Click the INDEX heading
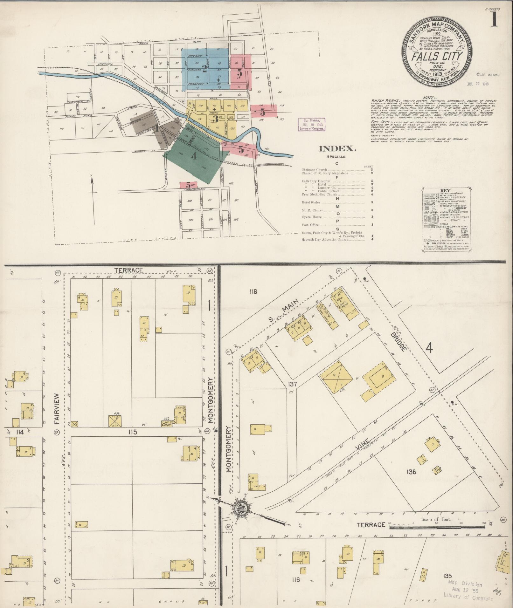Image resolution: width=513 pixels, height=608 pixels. [x=337, y=148]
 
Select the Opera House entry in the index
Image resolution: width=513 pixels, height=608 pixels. [x=312, y=217]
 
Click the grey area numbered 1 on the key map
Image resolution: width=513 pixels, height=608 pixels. [x=156, y=129]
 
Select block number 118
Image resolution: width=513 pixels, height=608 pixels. [x=253, y=291]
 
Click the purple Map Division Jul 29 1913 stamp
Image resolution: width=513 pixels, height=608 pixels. [x=311, y=124]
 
